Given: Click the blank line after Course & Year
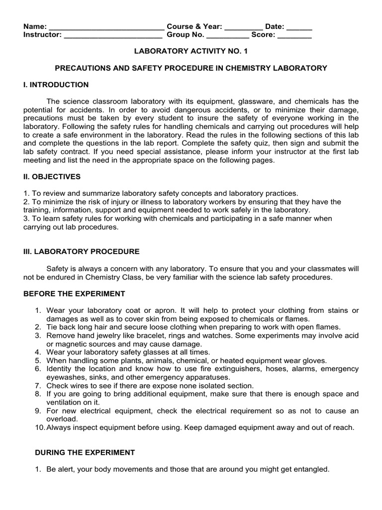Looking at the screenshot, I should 244,28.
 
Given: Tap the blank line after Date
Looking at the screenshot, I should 299,28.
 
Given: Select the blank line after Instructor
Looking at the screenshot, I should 113,36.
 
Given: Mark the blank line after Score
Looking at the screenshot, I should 294,36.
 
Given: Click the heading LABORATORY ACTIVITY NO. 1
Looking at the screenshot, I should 191,51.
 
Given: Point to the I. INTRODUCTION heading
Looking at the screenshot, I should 56,85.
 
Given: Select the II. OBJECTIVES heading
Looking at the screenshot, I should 52,177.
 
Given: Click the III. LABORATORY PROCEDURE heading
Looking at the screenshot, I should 82,252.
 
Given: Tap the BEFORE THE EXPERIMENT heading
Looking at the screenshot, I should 74,293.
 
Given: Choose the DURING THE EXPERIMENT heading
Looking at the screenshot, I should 85,452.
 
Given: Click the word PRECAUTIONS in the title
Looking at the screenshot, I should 80,68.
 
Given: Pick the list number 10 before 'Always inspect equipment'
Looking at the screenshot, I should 39,427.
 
